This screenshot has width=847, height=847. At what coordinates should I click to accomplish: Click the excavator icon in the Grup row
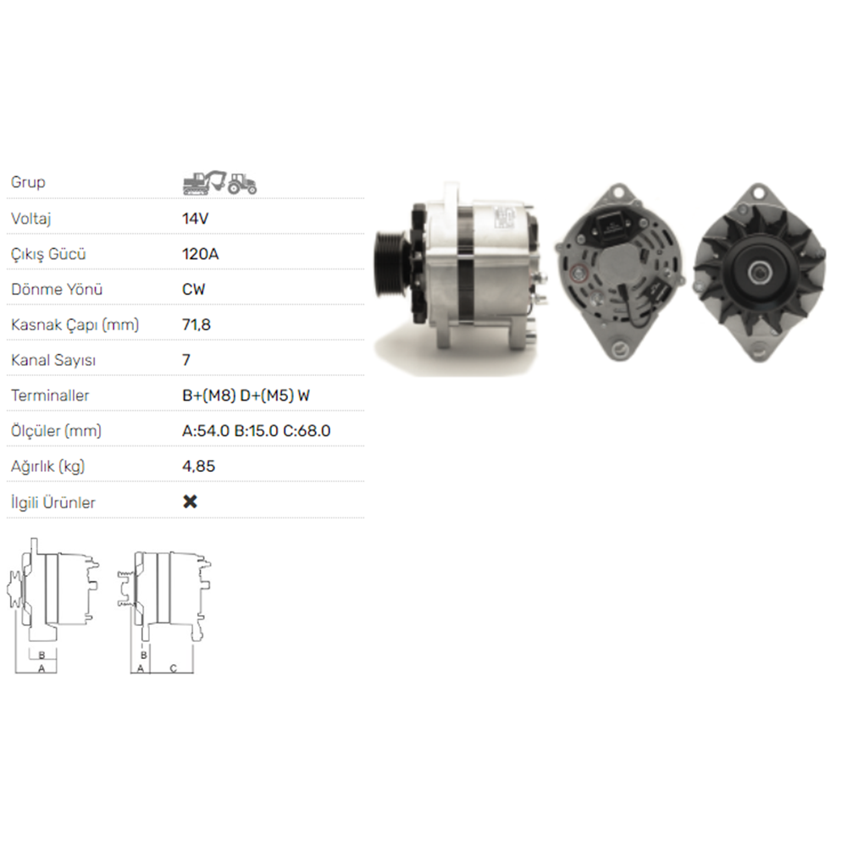(203, 182)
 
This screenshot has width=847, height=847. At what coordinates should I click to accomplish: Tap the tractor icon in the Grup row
(241, 184)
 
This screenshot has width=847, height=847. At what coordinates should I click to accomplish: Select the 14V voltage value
(195, 219)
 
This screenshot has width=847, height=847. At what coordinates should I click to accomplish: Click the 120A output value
(201, 254)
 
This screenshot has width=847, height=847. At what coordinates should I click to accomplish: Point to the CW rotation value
(194, 289)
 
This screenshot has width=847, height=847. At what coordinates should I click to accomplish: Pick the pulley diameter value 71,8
(197, 324)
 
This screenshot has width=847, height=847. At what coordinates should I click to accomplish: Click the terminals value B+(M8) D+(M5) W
(246, 396)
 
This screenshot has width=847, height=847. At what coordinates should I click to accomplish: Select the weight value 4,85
(198, 466)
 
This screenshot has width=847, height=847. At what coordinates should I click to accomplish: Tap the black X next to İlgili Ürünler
(190, 501)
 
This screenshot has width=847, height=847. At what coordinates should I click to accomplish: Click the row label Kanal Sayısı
(53, 360)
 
